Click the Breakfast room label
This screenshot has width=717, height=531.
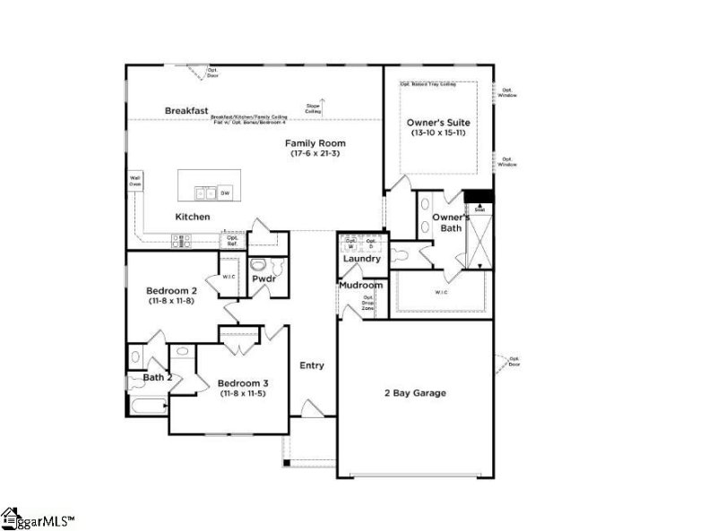(x=186, y=110)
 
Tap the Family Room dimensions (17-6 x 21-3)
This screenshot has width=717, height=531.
(x=315, y=154)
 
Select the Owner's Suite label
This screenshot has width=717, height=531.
(x=438, y=122)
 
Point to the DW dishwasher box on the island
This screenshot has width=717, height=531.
(x=225, y=193)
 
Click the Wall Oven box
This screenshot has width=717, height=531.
(x=135, y=181)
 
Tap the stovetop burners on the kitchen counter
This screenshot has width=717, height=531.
(x=180, y=239)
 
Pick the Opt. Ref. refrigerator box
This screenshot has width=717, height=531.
(x=232, y=240)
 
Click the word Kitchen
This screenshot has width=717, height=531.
(x=193, y=217)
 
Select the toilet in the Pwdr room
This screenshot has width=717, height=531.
(x=259, y=266)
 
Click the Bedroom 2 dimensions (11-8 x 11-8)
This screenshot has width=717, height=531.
(x=170, y=301)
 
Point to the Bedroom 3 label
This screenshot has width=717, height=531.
(x=243, y=383)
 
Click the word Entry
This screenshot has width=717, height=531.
(x=312, y=365)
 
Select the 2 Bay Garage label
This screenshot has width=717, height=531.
(x=415, y=393)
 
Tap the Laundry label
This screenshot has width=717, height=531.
(x=362, y=259)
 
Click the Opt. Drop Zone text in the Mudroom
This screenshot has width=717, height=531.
(x=368, y=303)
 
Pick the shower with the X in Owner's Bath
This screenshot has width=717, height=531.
(x=479, y=237)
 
